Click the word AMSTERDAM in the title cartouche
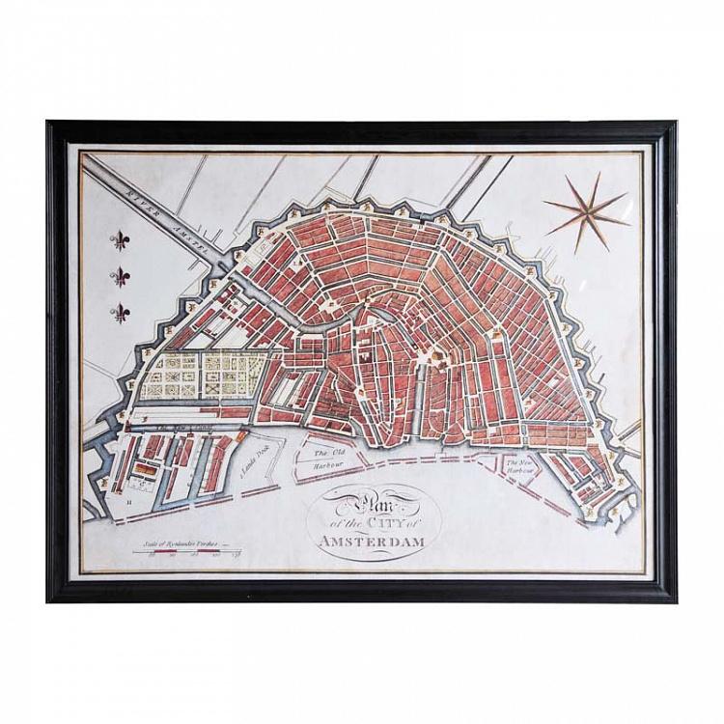coord(373,542)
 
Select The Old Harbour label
coord(328,457)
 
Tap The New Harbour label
coord(521,468)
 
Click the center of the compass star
coord(585,212)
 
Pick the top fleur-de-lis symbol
coord(121,240)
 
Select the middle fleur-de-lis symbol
coord(121,277)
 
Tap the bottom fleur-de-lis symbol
coord(121,312)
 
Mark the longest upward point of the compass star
coord(599,175)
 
